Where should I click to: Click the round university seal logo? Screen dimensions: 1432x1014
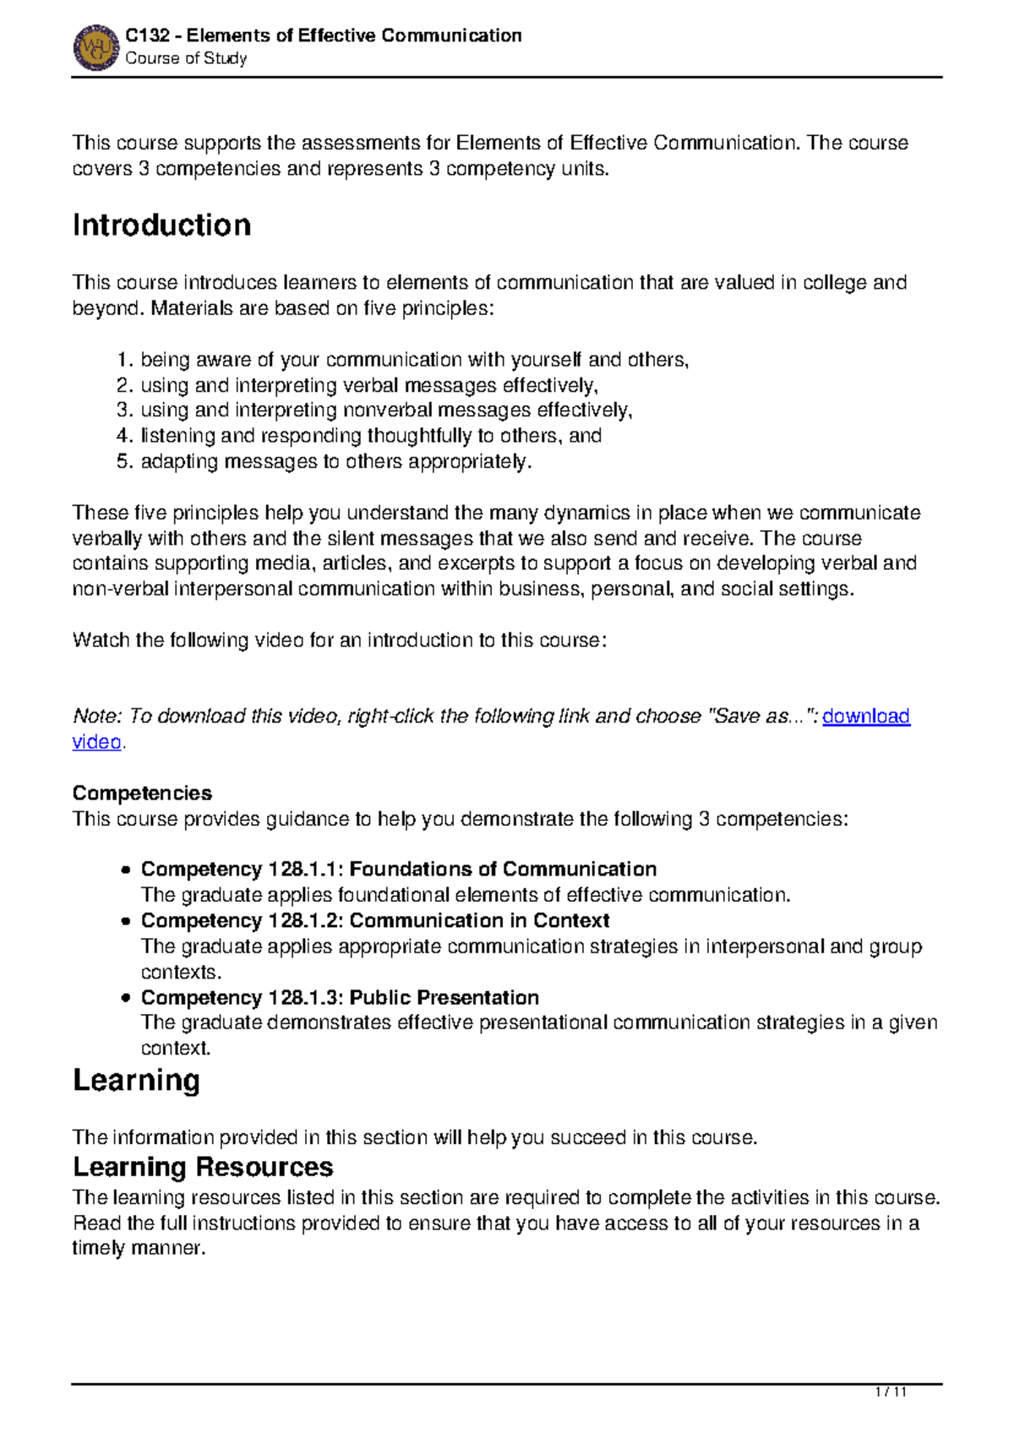(95, 47)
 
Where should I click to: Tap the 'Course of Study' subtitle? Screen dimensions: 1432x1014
(186, 58)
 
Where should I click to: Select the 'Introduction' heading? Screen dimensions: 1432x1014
(161, 225)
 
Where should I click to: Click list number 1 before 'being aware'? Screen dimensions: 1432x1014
(123, 361)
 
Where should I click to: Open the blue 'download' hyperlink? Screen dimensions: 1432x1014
(865, 717)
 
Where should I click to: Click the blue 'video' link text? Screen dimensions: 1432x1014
(96, 742)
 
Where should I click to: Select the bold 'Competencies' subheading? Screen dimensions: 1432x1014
(142, 794)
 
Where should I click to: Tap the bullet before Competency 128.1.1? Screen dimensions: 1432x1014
(125, 871)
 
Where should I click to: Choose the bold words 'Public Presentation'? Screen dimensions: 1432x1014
(444, 998)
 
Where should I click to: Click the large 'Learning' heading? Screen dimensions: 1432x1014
(136, 1081)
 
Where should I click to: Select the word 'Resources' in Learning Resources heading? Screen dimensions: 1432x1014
(264, 1168)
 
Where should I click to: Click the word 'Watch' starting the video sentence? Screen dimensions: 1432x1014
(101, 641)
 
